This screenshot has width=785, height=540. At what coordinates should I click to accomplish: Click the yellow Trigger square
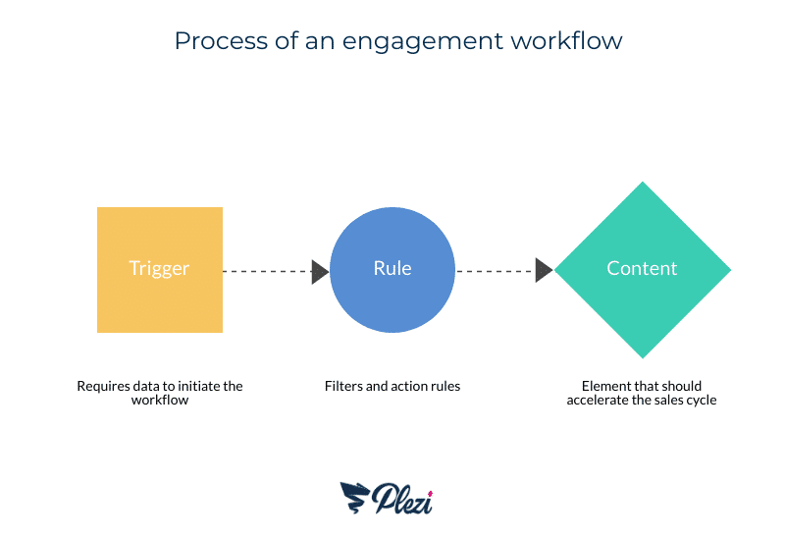click(160, 269)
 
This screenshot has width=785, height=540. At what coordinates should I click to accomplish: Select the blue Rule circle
click(392, 269)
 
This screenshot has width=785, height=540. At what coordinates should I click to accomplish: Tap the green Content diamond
click(643, 269)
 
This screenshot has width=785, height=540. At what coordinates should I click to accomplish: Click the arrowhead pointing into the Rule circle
click(320, 272)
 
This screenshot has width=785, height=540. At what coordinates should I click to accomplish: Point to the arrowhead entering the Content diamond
click(545, 271)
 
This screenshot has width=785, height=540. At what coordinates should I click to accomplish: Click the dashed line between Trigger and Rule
click(267, 271)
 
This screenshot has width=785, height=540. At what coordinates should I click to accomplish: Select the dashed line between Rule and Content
click(496, 271)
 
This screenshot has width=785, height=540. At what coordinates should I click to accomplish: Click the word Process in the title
click(222, 40)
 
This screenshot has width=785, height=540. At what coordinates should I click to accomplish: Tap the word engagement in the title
click(423, 42)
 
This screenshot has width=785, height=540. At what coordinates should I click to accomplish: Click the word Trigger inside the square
click(159, 269)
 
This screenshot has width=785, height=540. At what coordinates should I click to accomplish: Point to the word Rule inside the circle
click(392, 268)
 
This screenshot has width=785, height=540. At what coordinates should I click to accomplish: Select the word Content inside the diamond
click(642, 268)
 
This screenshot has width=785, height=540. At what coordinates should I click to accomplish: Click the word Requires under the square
click(98, 387)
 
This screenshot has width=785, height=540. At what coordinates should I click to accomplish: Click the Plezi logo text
click(402, 499)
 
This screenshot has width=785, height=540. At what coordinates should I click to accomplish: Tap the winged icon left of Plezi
click(355, 497)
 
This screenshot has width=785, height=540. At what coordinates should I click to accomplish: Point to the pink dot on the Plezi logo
click(430, 494)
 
